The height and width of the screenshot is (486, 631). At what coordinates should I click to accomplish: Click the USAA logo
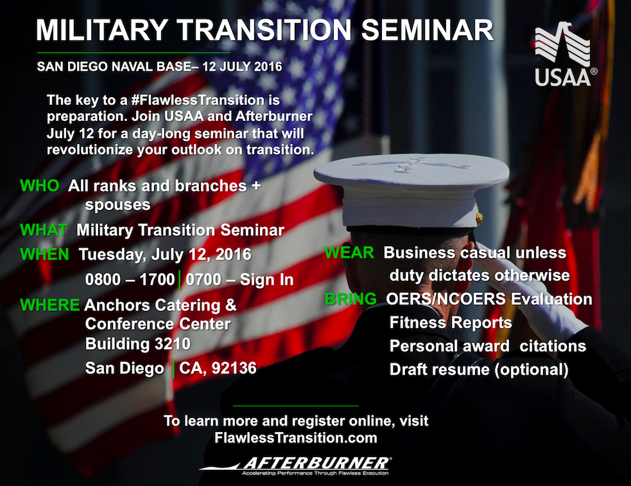click(565, 54)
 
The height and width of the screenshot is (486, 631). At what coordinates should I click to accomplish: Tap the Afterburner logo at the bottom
click(295, 466)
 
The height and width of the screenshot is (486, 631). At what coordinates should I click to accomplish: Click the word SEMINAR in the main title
click(428, 30)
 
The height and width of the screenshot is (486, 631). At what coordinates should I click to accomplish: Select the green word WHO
click(39, 186)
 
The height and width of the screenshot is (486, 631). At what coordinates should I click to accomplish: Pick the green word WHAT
click(44, 230)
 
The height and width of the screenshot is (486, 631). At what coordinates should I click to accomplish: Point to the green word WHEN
click(44, 255)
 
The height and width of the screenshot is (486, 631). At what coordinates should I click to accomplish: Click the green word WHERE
click(49, 305)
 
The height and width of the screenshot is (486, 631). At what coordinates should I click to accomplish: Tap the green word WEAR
click(349, 253)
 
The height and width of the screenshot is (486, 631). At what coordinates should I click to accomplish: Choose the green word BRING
click(350, 299)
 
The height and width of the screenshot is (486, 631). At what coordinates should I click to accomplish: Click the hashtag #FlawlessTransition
click(198, 100)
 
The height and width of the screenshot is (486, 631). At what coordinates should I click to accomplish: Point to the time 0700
click(203, 280)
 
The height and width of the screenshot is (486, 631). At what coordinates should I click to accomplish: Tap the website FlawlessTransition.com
click(296, 438)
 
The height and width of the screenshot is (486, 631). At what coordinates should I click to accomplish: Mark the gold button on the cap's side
click(480, 218)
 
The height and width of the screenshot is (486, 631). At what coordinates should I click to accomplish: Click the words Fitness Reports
click(451, 323)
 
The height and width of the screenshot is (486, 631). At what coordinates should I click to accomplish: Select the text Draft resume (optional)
click(479, 370)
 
